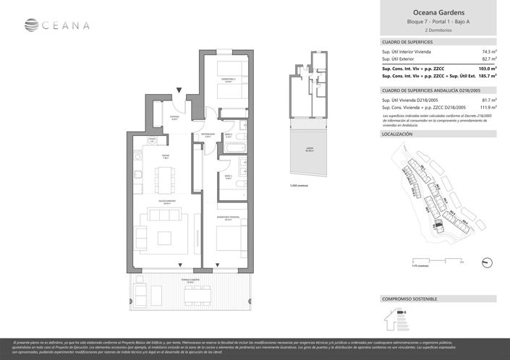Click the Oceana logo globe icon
coord(30,25)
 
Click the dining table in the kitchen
coord(166,176)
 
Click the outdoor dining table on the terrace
coord(195,293)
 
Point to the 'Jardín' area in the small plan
coord(310,151)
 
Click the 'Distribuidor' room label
coord(208,134)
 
